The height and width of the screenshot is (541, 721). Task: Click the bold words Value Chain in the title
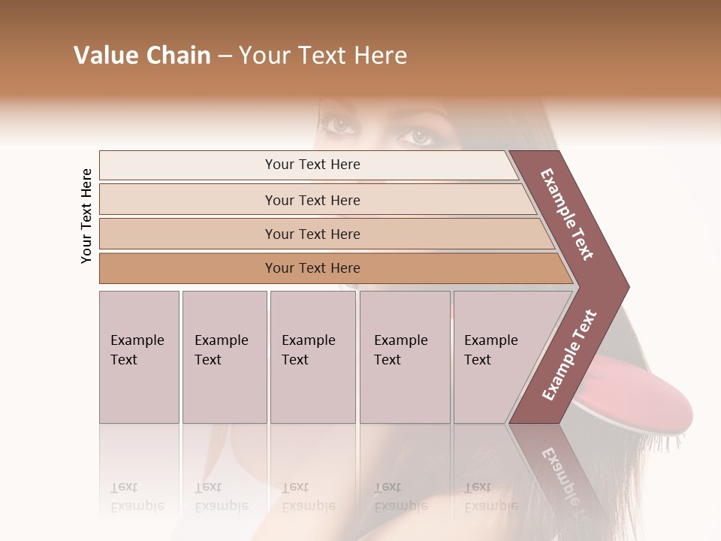[x=142, y=56]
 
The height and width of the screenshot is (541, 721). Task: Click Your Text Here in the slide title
[x=323, y=56]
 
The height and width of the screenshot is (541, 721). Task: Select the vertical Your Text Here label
[x=86, y=216]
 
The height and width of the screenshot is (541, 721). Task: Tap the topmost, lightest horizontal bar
[x=312, y=165]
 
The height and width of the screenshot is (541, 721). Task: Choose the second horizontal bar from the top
[x=312, y=200]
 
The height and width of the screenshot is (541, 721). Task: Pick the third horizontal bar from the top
[x=312, y=234]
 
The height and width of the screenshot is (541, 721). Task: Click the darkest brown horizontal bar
[x=312, y=268]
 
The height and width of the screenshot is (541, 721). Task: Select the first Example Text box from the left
[x=139, y=357]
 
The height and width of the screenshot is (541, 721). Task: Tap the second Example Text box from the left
[x=224, y=357]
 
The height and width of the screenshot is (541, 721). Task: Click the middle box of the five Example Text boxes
[x=312, y=357]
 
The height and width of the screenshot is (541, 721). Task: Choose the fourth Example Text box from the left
[x=404, y=357]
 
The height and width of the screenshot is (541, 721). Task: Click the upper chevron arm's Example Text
[x=568, y=214]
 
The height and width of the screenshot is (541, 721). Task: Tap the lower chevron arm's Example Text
[x=569, y=355]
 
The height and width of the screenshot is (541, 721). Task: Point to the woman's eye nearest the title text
[x=340, y=125]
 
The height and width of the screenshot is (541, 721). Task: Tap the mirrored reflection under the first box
[x=138, y=496]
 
